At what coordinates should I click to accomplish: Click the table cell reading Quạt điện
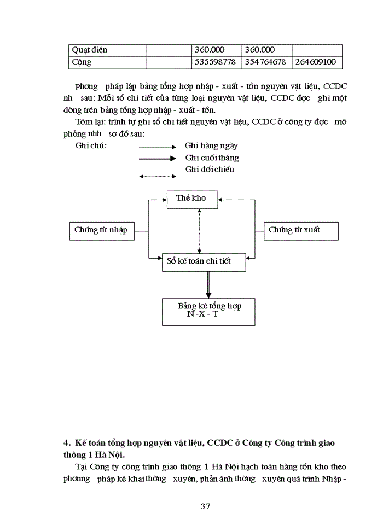pyautogui.click(x=90, y=50)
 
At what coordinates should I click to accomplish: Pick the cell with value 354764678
pyautogui.click(x=265, y=62)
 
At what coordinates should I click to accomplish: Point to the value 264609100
pyautogui.click(x=315, y=62)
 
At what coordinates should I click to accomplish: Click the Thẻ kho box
pyautogui.click(x=191, y=199)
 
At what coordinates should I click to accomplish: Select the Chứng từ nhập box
pyautogui.click(x=101, y=230)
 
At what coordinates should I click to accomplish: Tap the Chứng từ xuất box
pyautogui.click(x=294, y=230)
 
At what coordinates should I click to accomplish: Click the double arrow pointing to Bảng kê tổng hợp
pyautogui.click(x=208, y=284)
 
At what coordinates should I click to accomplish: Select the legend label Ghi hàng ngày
pyautogui.click(x=211, y=146)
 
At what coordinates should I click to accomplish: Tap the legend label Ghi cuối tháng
pyautogui.click(x=212, y=157)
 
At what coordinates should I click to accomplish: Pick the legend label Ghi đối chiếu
pyautogui.click(x=210, y=170)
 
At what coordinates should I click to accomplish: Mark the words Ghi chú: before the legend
pyautogui.click(x=91, y=146)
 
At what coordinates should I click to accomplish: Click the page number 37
pyautogui.click(x=205, y=506)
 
